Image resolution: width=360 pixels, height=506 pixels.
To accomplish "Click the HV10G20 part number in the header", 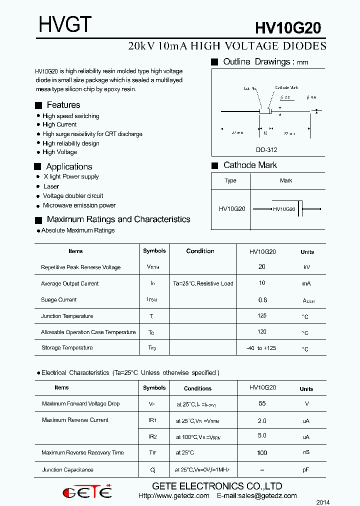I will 288,28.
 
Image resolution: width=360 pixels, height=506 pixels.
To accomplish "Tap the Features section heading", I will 63,105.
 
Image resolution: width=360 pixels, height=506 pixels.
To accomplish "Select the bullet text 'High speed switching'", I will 71,116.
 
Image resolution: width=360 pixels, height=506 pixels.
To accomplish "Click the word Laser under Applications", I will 51,186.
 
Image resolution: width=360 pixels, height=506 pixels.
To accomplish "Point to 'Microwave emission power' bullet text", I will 79,205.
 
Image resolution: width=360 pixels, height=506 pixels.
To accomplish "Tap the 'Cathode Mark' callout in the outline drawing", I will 286,87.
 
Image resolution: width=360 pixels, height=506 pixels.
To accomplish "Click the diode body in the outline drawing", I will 265,111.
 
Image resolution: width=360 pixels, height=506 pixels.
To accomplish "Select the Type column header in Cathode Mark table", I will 230,180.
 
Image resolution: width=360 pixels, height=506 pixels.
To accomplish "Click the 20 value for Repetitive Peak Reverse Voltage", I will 262,267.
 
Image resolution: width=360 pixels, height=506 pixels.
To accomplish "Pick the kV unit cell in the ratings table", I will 307,267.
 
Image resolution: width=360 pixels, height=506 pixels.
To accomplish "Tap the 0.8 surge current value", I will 262,300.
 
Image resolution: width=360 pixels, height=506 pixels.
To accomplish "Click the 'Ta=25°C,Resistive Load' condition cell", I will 203,283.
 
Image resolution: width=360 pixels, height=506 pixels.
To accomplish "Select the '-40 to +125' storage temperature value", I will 261,348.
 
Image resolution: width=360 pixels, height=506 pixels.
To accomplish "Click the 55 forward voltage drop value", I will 262,403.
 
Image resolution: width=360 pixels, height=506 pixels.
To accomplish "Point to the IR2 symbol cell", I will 153,436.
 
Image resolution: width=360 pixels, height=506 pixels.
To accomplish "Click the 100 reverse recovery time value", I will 262,453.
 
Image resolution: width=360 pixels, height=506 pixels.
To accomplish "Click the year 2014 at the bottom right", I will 323,502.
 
